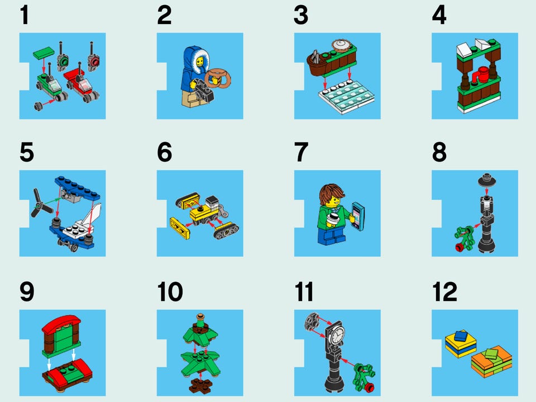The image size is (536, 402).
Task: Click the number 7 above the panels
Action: click(301, 152)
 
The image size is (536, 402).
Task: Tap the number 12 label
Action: click(445, 291)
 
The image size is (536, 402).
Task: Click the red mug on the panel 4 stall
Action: click(481, 75)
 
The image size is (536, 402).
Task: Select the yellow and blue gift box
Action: click(461, 342)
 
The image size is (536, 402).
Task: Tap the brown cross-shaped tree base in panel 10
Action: click(200, 385)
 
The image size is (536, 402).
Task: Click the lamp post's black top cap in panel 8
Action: click(487, 180)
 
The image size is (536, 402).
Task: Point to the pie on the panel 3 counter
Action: click(341, 46)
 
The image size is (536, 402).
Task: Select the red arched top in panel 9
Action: click(61, 324)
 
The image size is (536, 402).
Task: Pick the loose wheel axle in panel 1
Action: click(39, 106)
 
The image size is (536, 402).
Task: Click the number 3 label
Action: click(301, 16)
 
